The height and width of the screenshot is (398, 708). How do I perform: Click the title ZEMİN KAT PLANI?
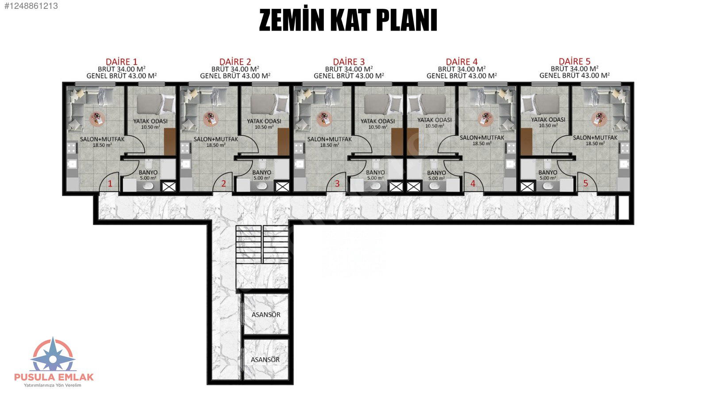coord(348,20)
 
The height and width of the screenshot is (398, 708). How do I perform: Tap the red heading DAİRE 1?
coord(122,61)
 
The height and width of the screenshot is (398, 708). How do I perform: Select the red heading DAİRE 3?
coord(349,61)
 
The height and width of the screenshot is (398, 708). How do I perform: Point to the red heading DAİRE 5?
coord(575,61)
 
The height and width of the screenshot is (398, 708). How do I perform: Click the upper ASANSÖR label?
coord(266,314)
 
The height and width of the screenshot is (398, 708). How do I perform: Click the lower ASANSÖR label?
coord(265,360)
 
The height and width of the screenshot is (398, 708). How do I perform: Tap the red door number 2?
coord(224,184)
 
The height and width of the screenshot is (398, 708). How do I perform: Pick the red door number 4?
coord(473,184)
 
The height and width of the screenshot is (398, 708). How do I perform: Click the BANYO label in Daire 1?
coord(148,172)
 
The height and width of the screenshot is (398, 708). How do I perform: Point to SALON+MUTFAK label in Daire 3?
coord(329,139)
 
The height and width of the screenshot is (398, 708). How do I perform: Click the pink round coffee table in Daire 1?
coord(97,119)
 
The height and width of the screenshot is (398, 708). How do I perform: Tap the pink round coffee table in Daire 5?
coord(599,119)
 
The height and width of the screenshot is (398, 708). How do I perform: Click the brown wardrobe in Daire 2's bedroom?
coord(284,142)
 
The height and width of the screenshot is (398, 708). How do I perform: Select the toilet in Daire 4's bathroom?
coord(434,165)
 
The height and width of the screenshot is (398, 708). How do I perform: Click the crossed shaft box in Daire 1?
coord(169,187)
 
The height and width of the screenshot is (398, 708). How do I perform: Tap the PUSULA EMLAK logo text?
coord(54,377)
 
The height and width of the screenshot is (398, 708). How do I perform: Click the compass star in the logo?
coord(53,359)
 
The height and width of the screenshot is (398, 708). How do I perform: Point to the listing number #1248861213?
coord(31,6)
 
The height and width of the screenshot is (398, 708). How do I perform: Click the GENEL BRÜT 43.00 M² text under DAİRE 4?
coord(462,76)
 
